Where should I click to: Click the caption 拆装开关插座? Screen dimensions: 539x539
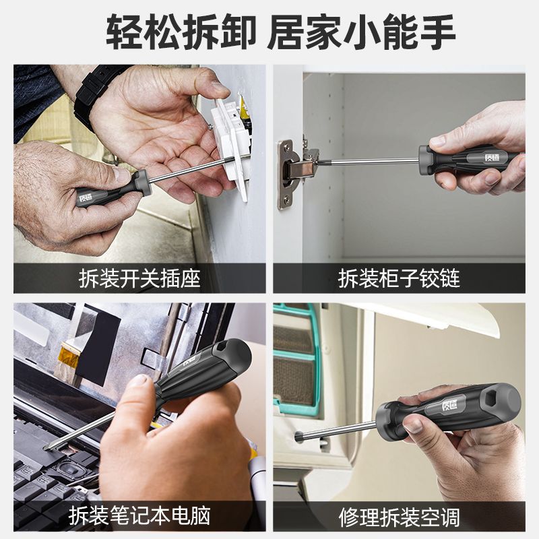139,278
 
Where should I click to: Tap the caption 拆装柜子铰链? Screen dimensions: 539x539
399,278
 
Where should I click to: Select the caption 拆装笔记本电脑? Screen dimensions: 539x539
139,515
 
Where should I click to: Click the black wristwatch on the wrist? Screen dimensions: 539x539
93,93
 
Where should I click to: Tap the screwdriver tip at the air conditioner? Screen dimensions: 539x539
298,437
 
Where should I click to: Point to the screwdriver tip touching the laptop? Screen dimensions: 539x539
46,447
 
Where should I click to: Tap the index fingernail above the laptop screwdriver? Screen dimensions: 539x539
139,381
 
